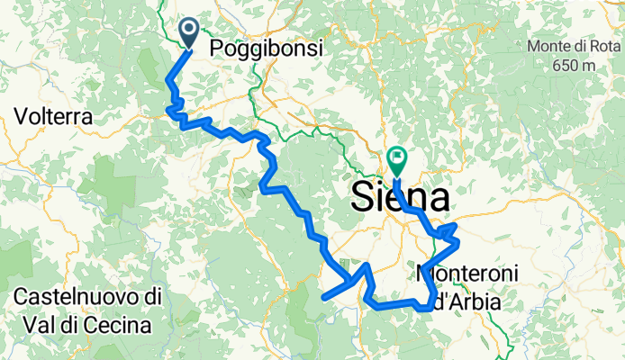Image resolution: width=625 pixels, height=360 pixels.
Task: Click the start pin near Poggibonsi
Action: click(x=191, y=32)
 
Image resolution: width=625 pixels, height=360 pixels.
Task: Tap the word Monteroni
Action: click(x=459, y=272)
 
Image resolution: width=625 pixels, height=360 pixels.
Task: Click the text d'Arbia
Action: click(x=466, y=302)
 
